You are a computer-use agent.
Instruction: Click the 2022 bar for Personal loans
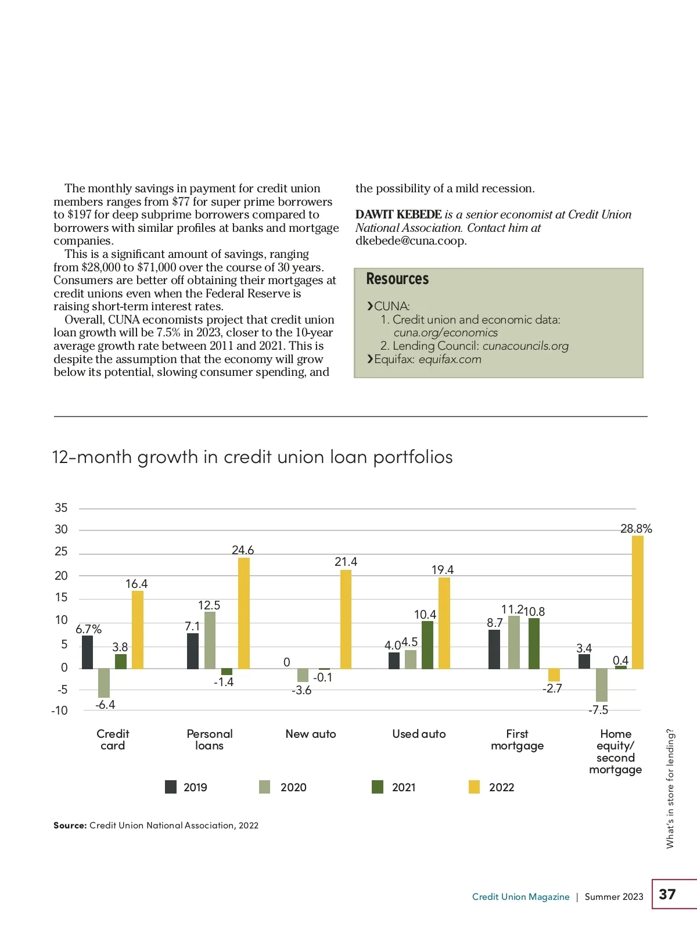[x=244, y=613]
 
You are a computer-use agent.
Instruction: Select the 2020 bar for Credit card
[x=104, y=683]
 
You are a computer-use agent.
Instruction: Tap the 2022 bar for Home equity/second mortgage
[x=637, y=602]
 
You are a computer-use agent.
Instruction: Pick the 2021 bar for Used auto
[x=427, y=645]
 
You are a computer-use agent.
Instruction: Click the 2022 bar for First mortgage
[x=554, y=674]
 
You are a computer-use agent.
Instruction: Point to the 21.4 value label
[x=346, y=562]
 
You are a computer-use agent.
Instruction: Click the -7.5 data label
[x=598, y=710]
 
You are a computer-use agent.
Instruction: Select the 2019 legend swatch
[x=171, y=787]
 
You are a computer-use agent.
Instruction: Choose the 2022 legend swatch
[x=475, y=787]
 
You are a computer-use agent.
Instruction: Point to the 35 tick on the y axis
[x=61, y=508]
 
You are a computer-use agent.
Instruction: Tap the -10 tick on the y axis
[x=59, y=710]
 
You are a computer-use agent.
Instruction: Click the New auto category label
[x=311, y=734]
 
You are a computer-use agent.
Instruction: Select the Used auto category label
[x=419, y=734]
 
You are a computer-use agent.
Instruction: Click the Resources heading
[x=397, y=279]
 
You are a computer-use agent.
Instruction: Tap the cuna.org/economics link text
[x=445, y=332]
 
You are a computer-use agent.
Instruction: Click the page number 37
[x=667, y=894]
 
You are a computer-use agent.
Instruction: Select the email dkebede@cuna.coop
[x=411, y=241]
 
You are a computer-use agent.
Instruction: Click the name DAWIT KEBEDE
[x=398, y=214]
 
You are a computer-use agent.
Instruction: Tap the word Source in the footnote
[x=70, y=826]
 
